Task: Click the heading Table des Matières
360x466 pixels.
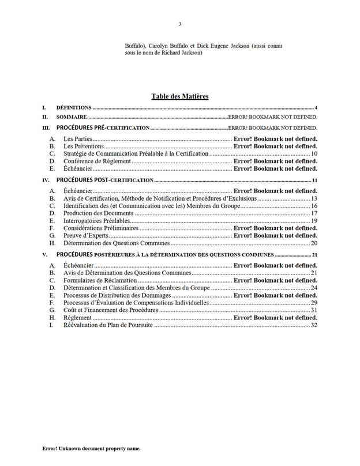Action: (x=179, y=96)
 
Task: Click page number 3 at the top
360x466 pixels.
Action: (x=179, y=24)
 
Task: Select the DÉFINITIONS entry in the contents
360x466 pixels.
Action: (x=74, y=108)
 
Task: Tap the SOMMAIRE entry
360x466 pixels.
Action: (x=72, y=117)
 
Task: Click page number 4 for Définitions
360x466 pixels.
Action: (x=317, y=108)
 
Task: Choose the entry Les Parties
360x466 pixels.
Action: (x=78, y=140)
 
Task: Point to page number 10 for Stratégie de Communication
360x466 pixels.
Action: (x=314, y=154)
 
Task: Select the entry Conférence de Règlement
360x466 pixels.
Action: (x=97, y=161)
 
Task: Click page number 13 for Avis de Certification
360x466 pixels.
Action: (x=314, y=198)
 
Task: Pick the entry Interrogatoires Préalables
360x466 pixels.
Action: (x=97, y=221)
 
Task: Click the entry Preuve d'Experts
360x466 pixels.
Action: (x=85, y=236)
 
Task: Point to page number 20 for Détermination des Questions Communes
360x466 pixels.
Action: (x=314, y=243)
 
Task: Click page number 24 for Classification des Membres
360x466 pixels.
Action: (x=314, y=288)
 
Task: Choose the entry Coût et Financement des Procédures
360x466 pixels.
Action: (x=110, y=310)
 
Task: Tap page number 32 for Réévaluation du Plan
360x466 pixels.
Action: (x=314, y=325)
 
